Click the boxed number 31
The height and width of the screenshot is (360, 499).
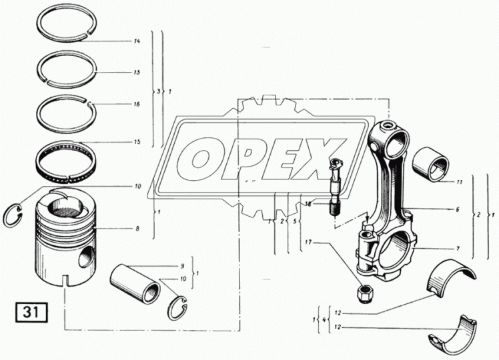[31, 312]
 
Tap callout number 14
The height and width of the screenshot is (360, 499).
[137, 41]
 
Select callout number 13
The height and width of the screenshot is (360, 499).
[137, 73]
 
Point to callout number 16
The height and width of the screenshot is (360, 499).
[137, 104]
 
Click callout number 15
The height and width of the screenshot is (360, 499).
[137, 142]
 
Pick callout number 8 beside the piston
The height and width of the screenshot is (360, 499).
[137, 229]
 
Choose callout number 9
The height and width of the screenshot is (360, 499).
[182, 265]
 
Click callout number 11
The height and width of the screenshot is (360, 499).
[459, 182]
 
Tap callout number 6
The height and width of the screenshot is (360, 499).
[458, 209]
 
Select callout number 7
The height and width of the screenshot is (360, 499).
[458, 249]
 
